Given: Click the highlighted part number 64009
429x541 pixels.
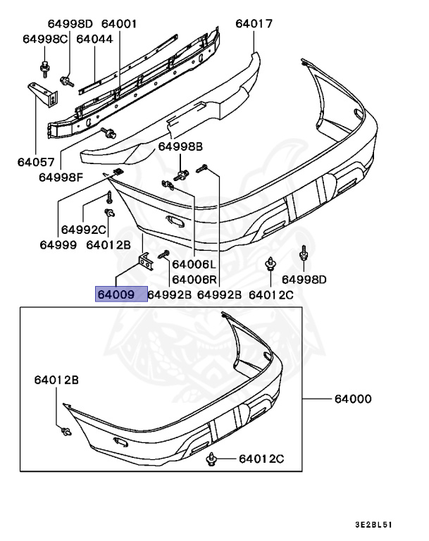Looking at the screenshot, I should click(x=121, y=294).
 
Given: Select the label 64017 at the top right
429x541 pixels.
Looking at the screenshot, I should click(x=254, y=24).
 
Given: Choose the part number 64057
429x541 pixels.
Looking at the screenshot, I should click(x=35, y=161).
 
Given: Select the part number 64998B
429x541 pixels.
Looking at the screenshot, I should click(x=180, y=147).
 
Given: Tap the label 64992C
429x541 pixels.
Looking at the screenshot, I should click(x=83, y=230).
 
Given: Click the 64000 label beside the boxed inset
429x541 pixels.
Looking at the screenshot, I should click(x=353, y=399).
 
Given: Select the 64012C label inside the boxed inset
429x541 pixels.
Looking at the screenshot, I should click(x=261, y=459).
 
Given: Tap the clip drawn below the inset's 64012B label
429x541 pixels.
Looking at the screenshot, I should click(x=65, y=431).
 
